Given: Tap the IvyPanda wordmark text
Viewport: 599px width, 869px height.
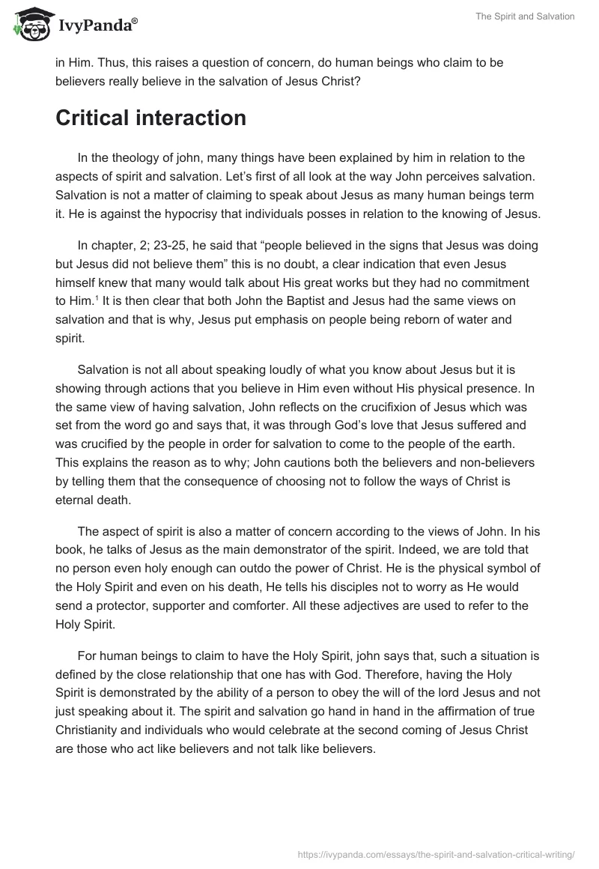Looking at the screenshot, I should point(97,26).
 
